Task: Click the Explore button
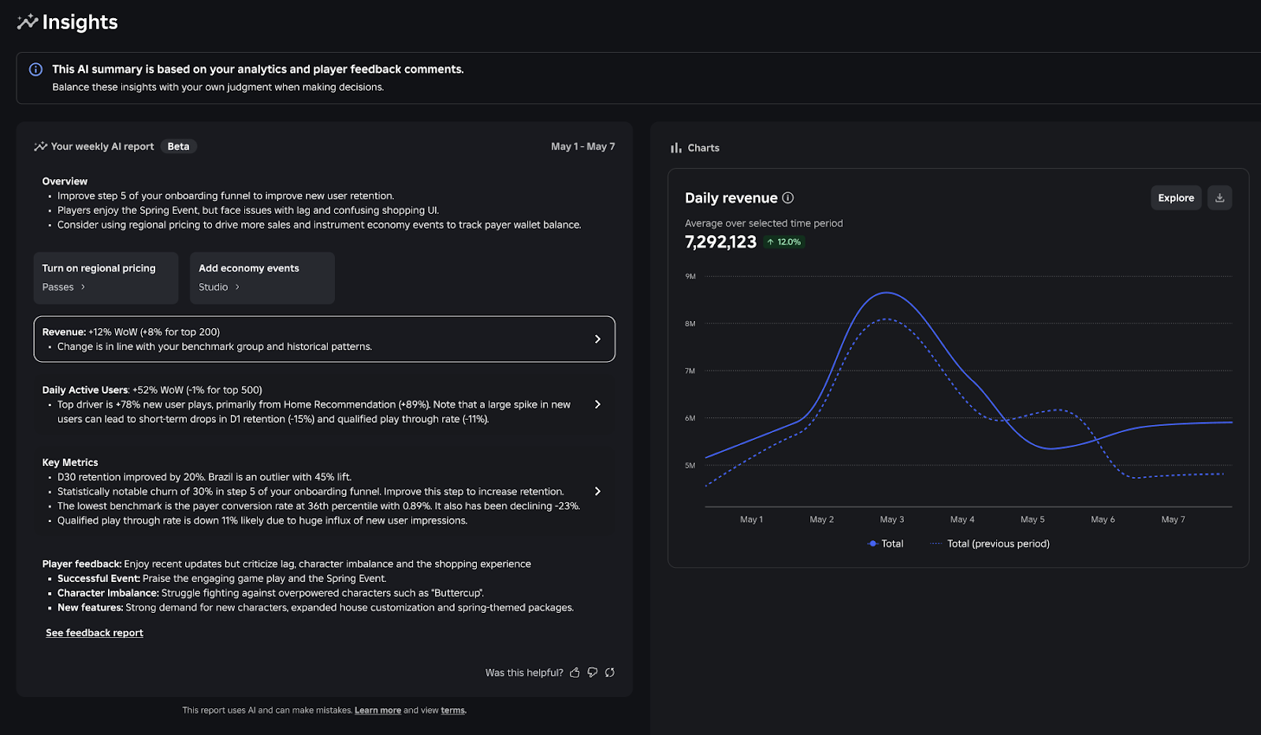click(x=1175, y=198)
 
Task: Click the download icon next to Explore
click(x=1219, y=198)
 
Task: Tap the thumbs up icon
click(x=575, y=673)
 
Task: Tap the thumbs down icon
click(x=592, y=673)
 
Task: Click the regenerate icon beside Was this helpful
click(x=609, y=673)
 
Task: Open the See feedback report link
click(x=95, y=633)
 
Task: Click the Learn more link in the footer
click(x=378, y=711)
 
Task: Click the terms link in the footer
click(x=452, y=711)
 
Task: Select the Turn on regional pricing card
click(x=106, y=278)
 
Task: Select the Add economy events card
click(x=262, y=278)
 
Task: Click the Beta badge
click(x=178, y=147)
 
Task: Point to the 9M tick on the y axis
click(x=690, y=277)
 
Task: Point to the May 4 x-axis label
click(x=962, y=520)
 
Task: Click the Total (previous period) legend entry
click(x=997, y=544)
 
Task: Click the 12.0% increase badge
click(x=784, y=242)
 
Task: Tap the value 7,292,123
click(x=720, y=242)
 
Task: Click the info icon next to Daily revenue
click(x=787, y=198)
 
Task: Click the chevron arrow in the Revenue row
click(x=597, y=339)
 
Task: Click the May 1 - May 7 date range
click(x=582, y=147)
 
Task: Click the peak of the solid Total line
click(x=887, y=293)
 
